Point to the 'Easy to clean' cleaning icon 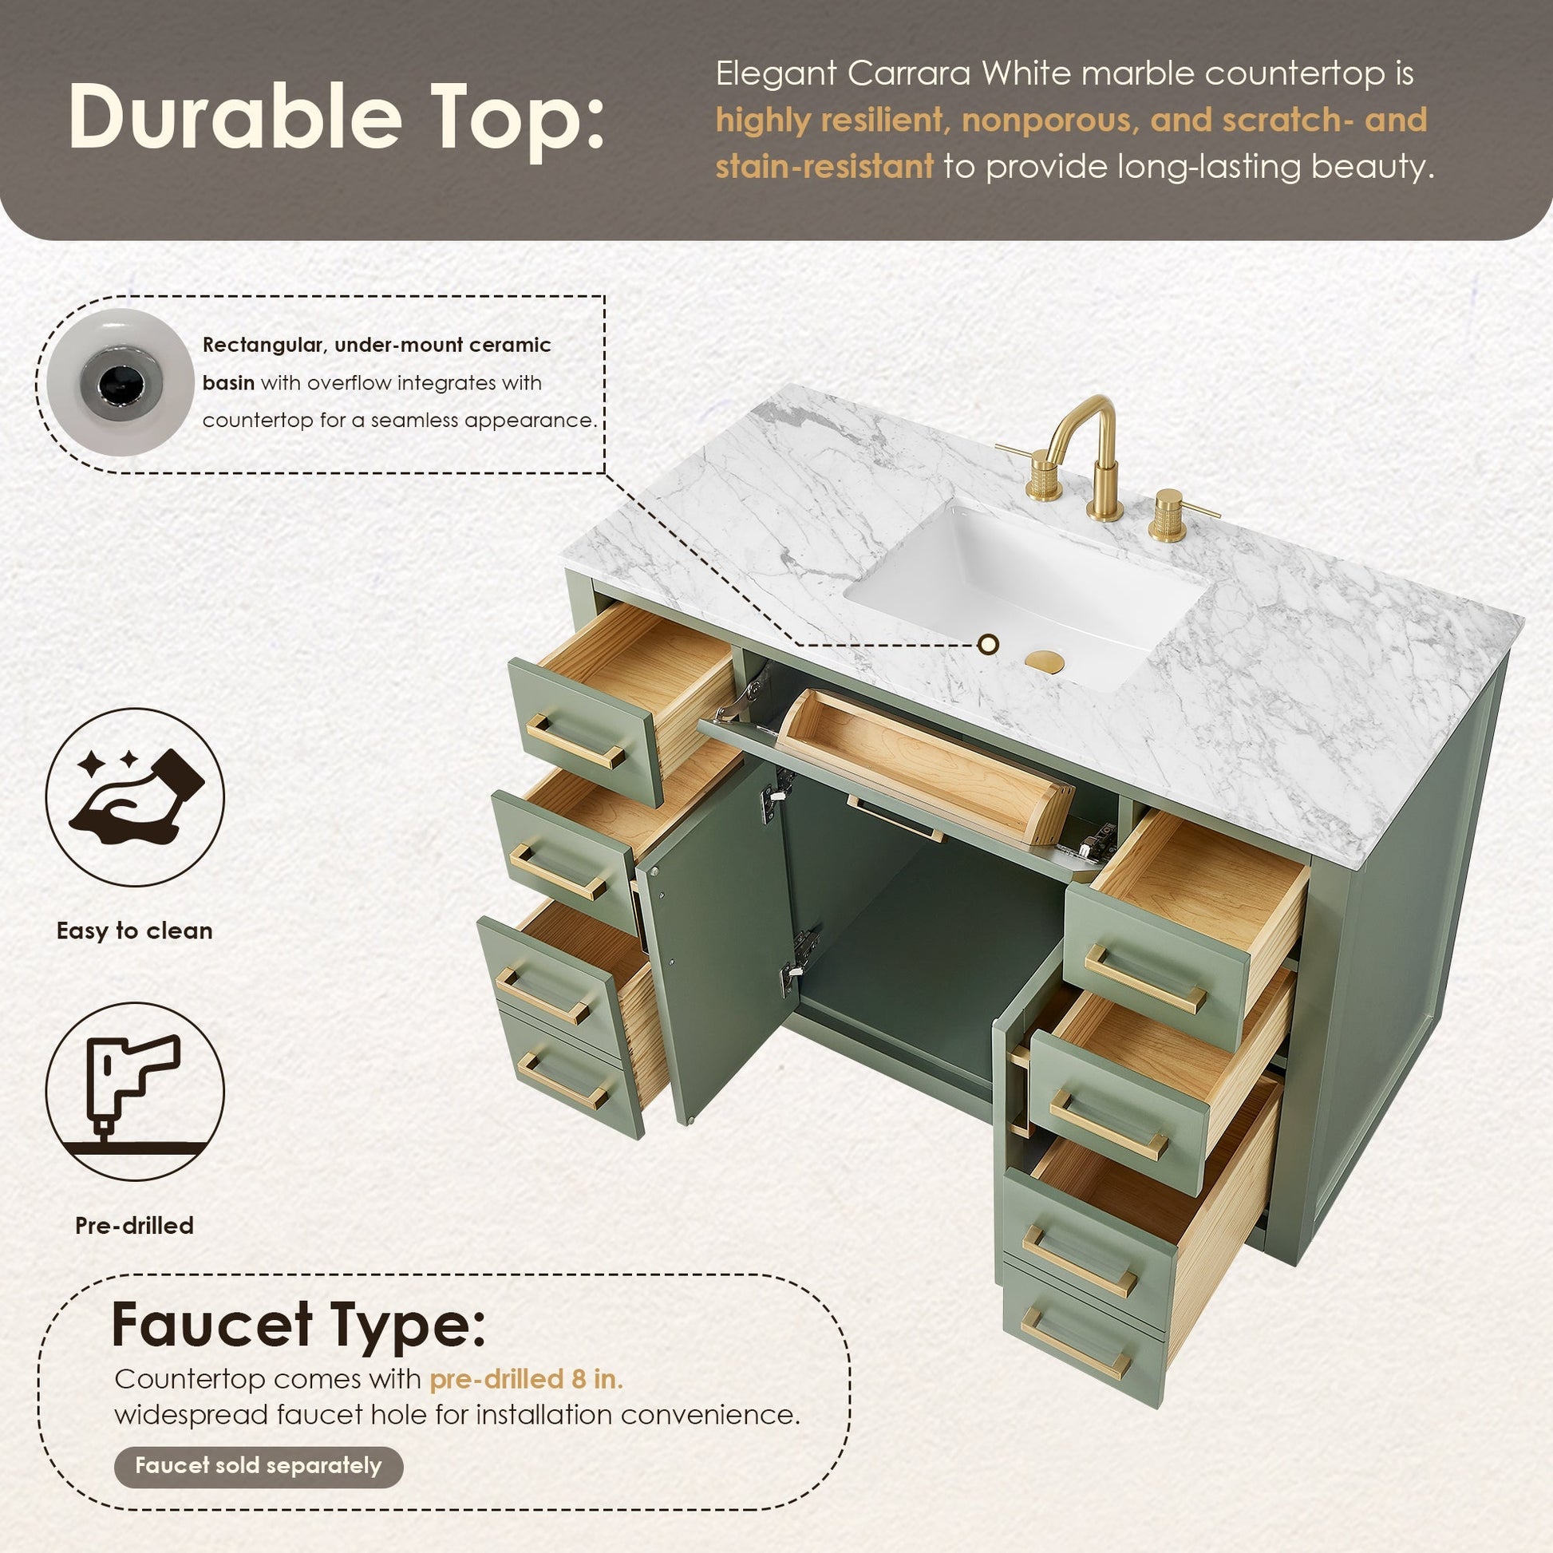pos(135,796)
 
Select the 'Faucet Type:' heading pos(300,1322)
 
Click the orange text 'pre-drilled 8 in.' pos(527,1378)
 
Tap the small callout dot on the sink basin pos(989,643)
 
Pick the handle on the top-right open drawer pos(1145,978)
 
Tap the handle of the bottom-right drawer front pos(1077,1342)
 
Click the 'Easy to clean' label pos(135,931)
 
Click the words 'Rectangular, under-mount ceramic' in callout pos(377,346)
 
